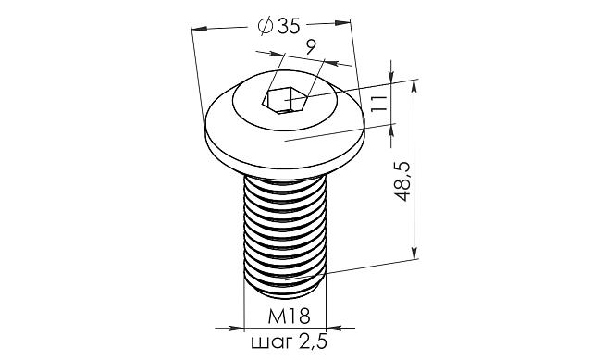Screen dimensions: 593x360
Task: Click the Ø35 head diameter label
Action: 279,26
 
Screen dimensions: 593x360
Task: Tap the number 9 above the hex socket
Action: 311,47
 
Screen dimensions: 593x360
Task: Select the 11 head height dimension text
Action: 379,103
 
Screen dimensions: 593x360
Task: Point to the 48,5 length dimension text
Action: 402,181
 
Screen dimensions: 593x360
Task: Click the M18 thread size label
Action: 289,316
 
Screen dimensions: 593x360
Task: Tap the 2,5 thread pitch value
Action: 313,341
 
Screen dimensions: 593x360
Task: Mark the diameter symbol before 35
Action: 266,26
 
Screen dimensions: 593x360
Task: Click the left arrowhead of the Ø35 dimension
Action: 199,29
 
